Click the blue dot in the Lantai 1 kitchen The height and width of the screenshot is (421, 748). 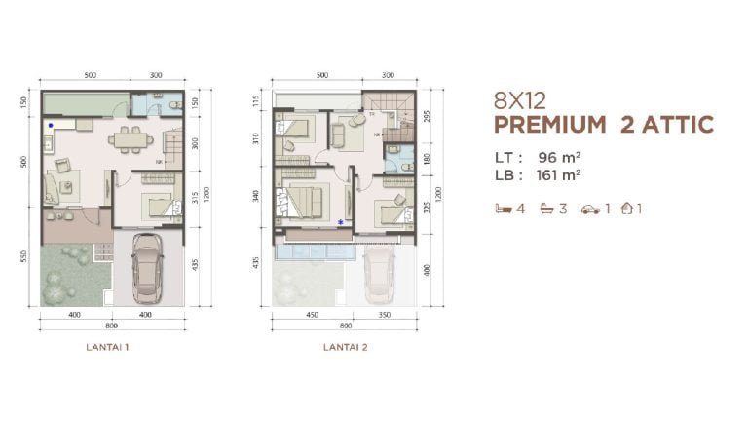(51, 126)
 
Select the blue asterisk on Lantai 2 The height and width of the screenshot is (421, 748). (339, 222)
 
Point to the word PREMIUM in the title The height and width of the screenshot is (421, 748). (550, 125)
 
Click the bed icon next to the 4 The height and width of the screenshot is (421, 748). (504, 208)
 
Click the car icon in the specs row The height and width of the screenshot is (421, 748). (590, 208)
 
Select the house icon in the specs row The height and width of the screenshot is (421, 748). (628, 208)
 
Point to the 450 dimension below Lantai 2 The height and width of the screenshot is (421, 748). (311, 315)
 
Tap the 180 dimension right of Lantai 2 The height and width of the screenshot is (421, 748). (425, 158)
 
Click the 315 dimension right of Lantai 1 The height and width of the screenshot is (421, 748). (195, 198)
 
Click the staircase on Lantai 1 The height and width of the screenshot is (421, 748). (172, 143)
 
